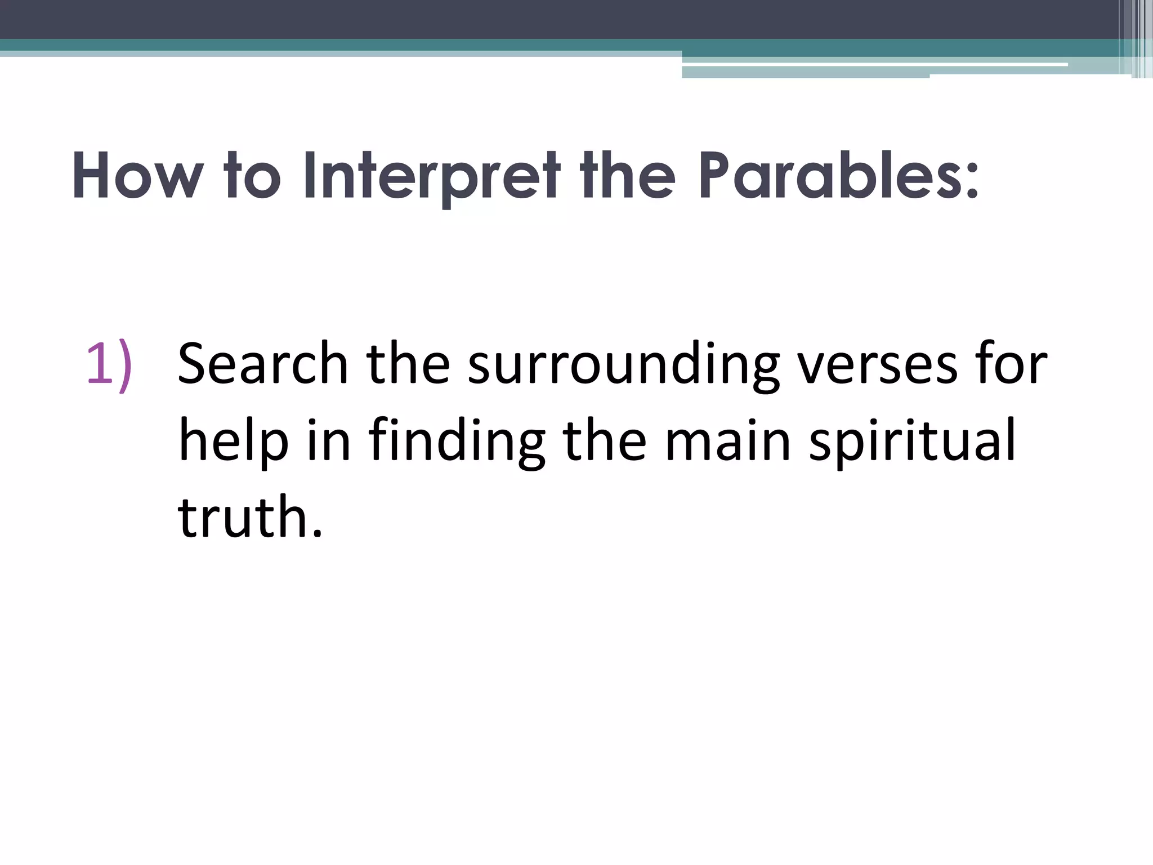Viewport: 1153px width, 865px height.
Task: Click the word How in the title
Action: pos(137,176)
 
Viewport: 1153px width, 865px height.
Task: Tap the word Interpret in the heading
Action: pos(431,176)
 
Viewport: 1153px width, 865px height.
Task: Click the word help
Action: pos(234,442)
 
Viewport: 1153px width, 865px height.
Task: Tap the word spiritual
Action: pos(912,442)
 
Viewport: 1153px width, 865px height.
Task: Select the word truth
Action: pos(242,517)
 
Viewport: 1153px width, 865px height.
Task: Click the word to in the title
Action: pos(252,176)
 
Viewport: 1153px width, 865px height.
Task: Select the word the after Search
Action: pos(408,364)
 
